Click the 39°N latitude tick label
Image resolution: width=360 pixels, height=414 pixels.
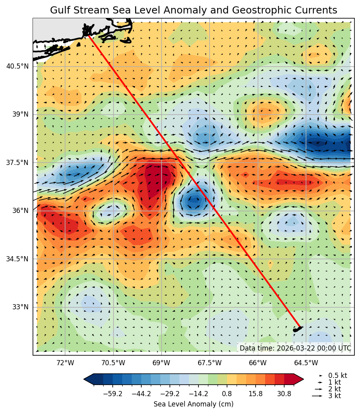click(x=20, y=114)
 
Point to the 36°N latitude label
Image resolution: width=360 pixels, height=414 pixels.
click(x=20, y=211)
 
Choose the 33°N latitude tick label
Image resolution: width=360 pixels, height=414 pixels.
click(x=20, y=307)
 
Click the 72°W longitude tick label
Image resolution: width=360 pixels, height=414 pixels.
click(x=65, y=363)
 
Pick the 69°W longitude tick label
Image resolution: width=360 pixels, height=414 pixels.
click(x=162, y=363)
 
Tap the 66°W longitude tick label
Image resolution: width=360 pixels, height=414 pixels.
click(x=258, y=363)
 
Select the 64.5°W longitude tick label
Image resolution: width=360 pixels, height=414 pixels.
click(x=306, y=363)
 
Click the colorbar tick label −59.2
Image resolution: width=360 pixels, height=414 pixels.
click(x=112, y=394)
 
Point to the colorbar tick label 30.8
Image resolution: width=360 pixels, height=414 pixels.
click(x=284, y=394)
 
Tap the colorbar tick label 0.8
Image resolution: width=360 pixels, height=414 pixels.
click(x=227, y=394)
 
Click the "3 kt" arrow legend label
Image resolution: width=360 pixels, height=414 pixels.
click(x=335, y=396)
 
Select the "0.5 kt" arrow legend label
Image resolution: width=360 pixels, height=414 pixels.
click(x=337, y=375)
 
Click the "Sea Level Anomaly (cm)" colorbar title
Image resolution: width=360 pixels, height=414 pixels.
click(x=193, y=404)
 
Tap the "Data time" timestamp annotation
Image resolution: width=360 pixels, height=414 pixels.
click(x=295, y=348)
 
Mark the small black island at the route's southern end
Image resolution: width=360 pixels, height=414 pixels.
click(x=297, y=329)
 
